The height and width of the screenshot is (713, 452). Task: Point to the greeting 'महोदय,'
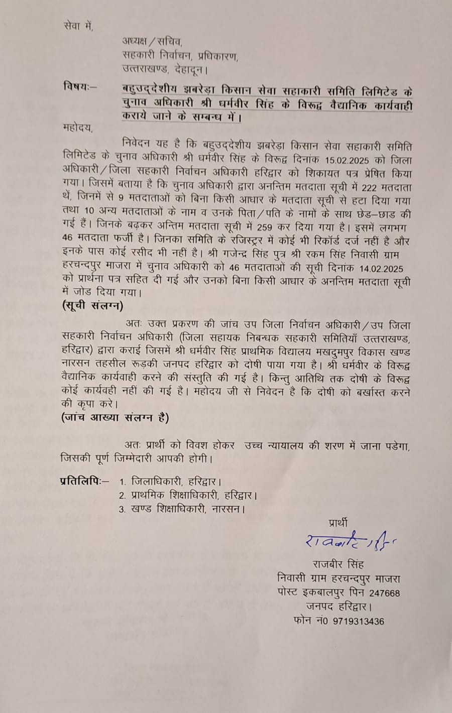point(78,128)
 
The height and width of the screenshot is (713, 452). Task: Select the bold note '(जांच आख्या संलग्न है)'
point(115,417)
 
